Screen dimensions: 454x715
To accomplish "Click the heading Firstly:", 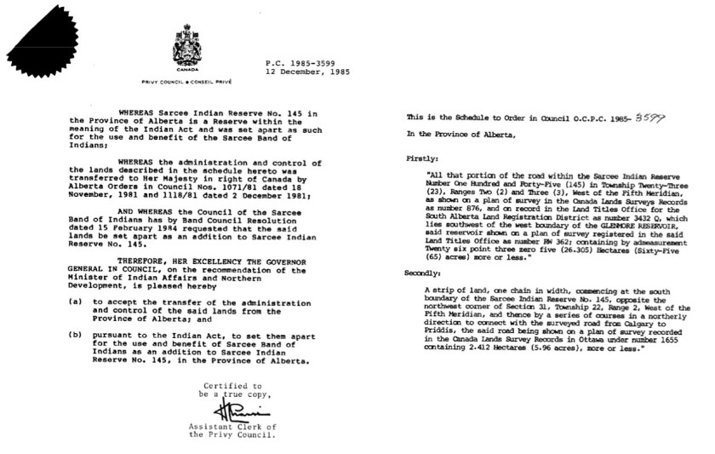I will [x=423, y=158].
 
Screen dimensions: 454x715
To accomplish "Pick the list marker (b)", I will [x=76, y=361].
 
